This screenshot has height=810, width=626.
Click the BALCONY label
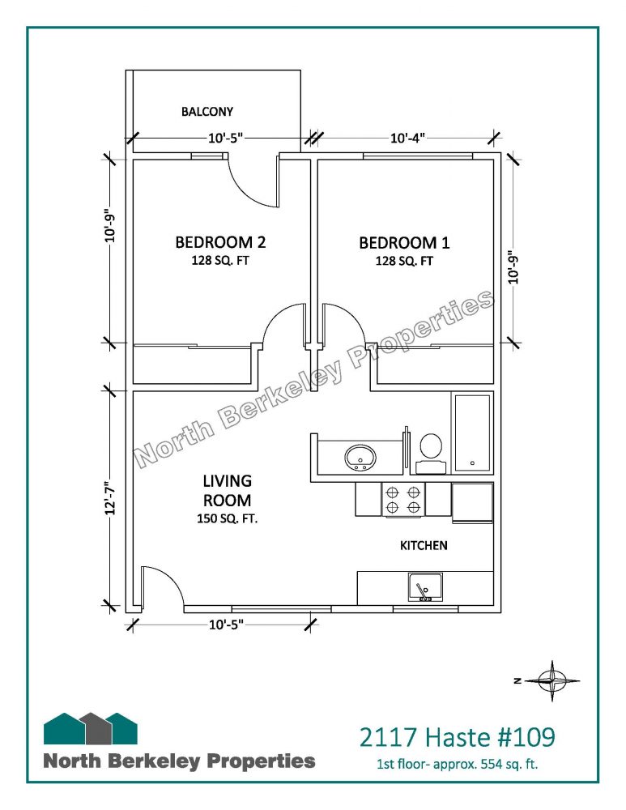pos(207,112)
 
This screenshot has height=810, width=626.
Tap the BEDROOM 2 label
pos(220,242)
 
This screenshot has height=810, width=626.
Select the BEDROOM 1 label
pos(404,243)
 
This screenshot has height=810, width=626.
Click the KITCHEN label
pos(424,545)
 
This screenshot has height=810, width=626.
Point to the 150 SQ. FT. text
pos(228,518)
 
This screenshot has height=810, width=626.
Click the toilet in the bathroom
pos(430,454)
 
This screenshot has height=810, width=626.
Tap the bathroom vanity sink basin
pos(360,457)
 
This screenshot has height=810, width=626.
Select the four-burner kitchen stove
pos(402,500)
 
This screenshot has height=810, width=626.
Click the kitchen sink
pos(425,588)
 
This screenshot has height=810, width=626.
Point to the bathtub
pos(472,433)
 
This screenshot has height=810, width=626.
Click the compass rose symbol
pos(552,681)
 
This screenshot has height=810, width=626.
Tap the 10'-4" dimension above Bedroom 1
pos(407,138)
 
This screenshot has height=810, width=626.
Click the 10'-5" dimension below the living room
pos(226,625)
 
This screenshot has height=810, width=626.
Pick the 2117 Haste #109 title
pos(457,737)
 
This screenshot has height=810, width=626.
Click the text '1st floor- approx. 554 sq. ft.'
pos(457,764)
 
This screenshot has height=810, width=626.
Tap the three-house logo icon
pos(91,728)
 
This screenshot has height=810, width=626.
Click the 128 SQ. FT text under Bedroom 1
pos(404,261)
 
